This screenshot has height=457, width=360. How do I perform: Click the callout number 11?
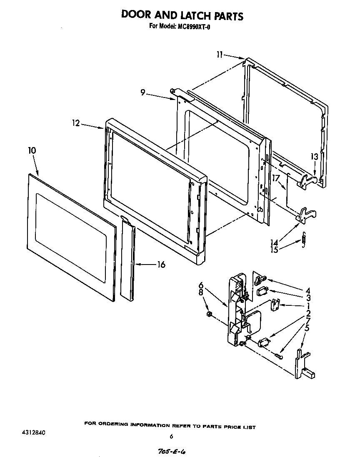(220, 54)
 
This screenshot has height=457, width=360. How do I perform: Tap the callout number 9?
(142, 93)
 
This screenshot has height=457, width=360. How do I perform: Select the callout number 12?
(75, 124)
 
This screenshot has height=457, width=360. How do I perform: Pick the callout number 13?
(314, 157)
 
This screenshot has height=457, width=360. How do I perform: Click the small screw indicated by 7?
(279, 355)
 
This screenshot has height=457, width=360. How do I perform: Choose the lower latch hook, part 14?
(305, 214)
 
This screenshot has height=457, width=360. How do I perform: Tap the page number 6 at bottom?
(171, 437)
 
